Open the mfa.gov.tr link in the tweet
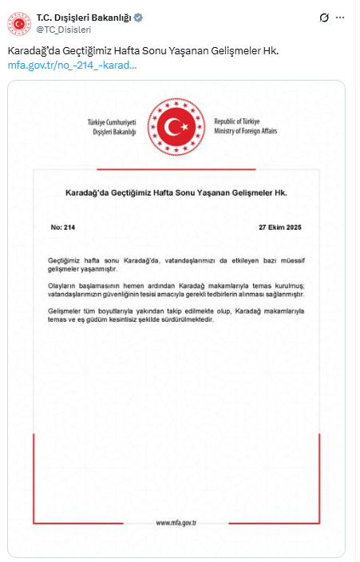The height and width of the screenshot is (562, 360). tap(73, 64)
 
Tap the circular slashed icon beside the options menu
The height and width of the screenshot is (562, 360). tap(323, 18)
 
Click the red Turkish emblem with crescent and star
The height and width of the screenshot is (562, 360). tap(175, 125)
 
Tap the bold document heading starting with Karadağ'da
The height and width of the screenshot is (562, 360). tap(175, 193)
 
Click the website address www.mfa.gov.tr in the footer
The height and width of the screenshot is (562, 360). tap(176, 523)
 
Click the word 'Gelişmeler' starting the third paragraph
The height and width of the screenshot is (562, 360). tap(66, 311)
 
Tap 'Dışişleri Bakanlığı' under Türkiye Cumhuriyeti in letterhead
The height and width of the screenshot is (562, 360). tap(113, 131)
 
